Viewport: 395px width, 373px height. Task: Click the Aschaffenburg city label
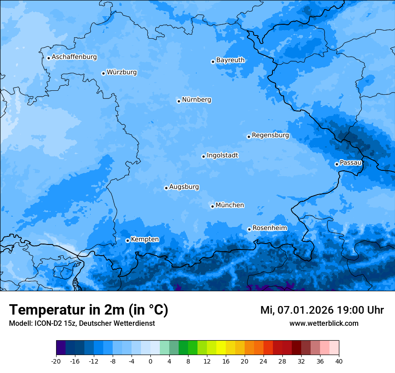pos(74,57)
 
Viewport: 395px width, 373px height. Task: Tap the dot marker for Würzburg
pos(103,73)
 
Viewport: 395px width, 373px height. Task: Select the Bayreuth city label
pos(230,60)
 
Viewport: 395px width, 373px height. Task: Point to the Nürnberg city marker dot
pos(179,101)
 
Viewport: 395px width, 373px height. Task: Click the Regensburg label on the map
pos(270,135)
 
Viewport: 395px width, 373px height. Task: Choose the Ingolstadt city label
pos(222,155)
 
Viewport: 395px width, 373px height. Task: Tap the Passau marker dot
pos(337,164)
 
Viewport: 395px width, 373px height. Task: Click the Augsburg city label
pos(184,187)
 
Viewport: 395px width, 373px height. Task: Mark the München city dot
pos(212,207)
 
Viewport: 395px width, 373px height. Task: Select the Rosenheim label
pos(269,228)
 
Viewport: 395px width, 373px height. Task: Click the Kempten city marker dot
pos(127,240)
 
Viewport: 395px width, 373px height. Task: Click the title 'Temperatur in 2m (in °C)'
pos(88,310)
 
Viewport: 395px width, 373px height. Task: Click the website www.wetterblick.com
pos(324,324)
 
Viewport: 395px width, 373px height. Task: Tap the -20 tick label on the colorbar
pos(56,361)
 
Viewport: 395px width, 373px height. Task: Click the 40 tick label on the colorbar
pos(339,361)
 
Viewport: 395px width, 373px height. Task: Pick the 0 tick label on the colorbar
pos(150,361)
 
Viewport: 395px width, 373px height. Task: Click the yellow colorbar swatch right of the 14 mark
pos(221,348)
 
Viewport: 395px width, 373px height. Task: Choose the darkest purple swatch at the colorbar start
pos(61,348)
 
